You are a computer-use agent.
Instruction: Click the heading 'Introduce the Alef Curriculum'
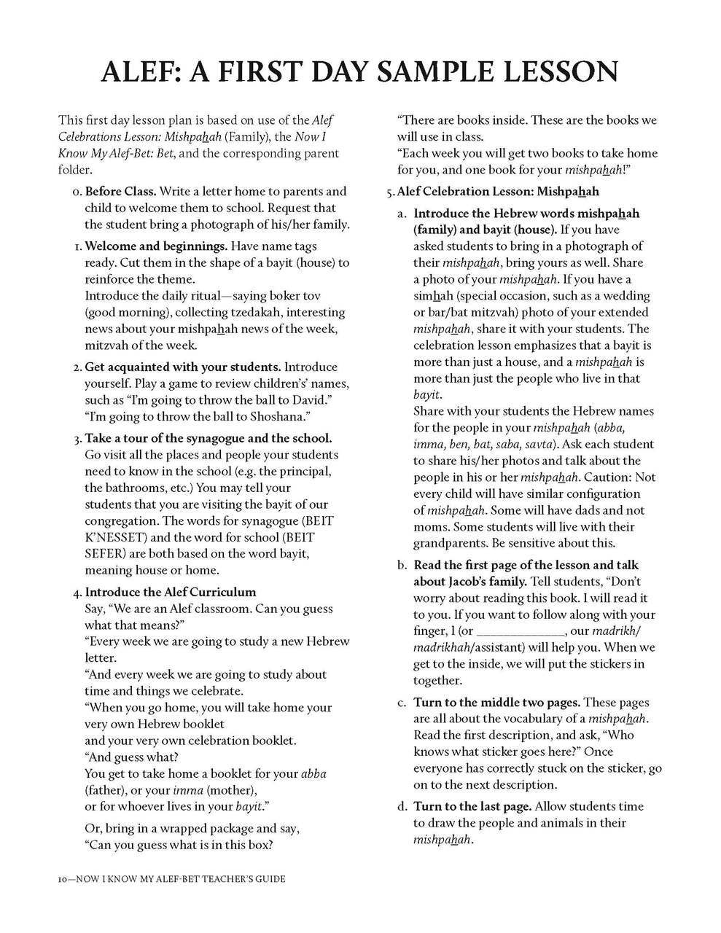(x=171, y=592)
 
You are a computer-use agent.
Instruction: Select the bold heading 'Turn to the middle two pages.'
(x=496, y=703)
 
